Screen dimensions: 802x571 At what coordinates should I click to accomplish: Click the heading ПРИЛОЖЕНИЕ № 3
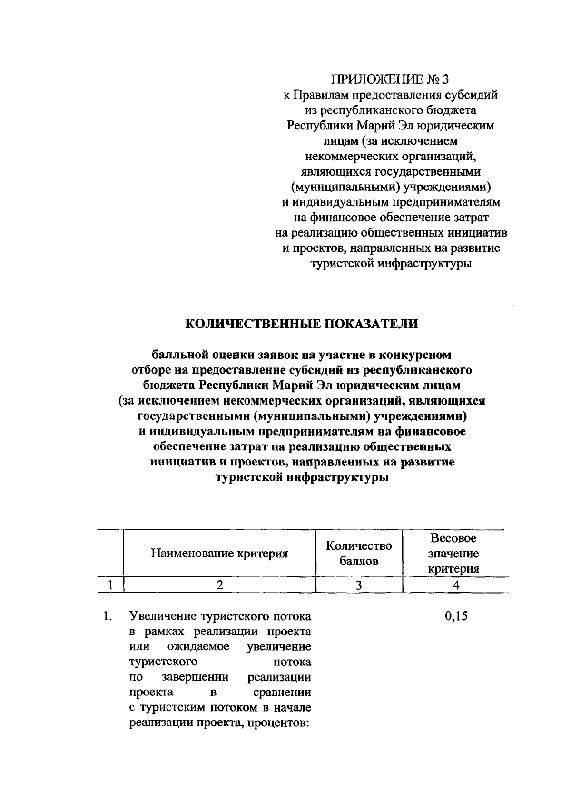click(x=390, y=79)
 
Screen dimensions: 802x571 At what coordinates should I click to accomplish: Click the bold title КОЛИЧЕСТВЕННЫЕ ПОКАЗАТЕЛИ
click(x=301, y=324)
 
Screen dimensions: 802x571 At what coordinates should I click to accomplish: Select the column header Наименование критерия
click(x=219, y=554)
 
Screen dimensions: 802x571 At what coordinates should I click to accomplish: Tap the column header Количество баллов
click(x=359, y=554)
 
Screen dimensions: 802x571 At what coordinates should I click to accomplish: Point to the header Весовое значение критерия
click(x=453, y=554)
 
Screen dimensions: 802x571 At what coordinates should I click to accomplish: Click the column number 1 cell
click(x=110, y=585)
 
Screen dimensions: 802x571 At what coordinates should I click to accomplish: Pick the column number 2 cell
click(x=219, y=585)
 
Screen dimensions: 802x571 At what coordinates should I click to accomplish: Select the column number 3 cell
click(x=359, y=585)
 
